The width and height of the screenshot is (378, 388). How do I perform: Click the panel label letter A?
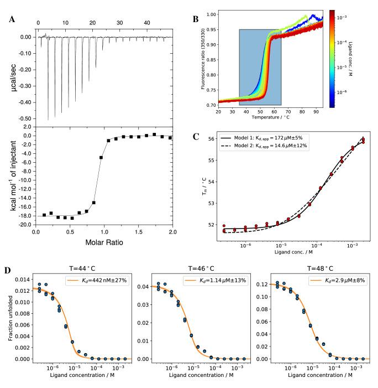[x=12, y=20]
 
